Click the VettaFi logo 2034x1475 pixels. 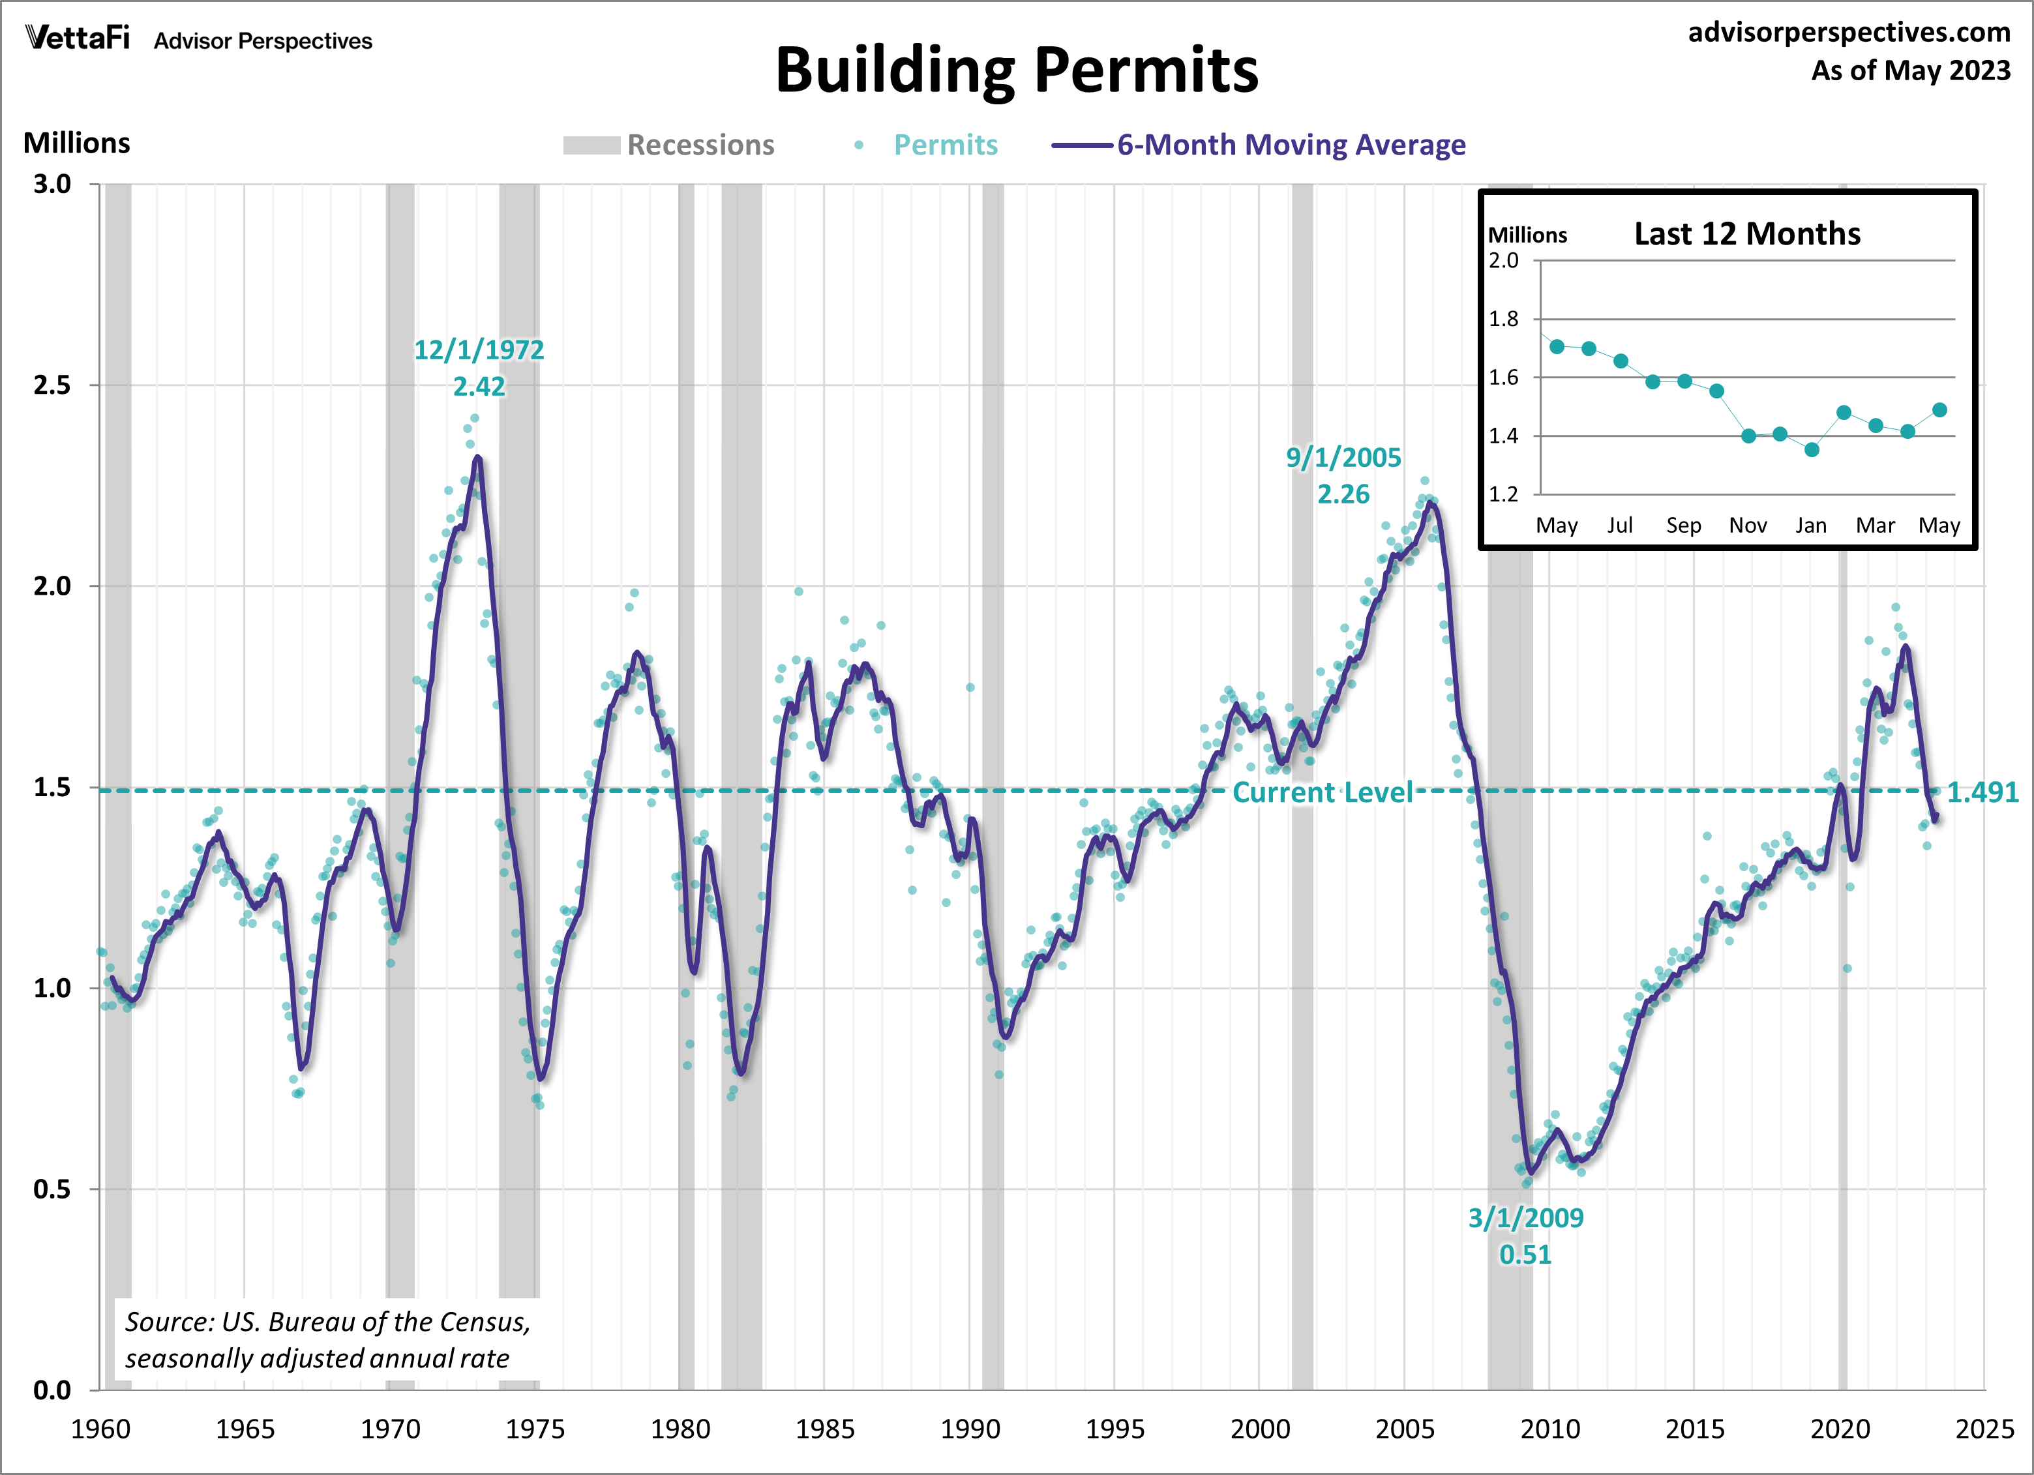[x=78, y=38]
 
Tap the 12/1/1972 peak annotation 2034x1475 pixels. [x=478, y=368]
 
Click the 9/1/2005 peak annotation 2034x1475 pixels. [x=1343, y=475]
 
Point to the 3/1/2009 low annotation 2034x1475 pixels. [x=1525, y=1236]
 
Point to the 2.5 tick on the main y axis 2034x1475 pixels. [x=52, y=385]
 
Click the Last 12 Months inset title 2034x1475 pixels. [x=1746, y=234]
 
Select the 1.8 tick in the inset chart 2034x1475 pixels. [x=1503, y=318]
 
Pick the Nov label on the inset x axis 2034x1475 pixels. [x=1747, y=526]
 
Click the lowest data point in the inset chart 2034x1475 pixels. [x=1812, y=449]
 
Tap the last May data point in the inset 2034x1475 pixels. [x=1939, y=410]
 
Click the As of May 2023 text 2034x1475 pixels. [x=1910, y=71]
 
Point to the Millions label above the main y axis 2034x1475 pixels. [x=76, y=143]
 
